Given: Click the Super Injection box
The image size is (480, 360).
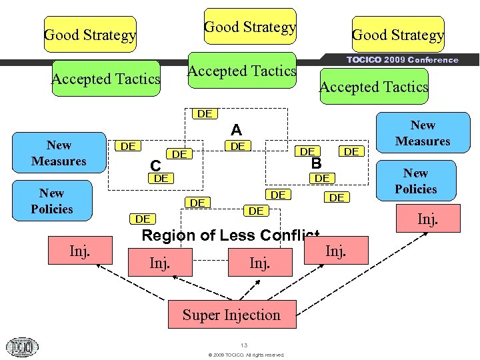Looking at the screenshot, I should pyautogui.click(x=231, y=315).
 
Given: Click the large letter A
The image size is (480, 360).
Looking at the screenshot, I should pyautogui.click(x=236, y=131).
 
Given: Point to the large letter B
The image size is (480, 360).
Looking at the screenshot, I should pyautogui.click(x=317, y=163).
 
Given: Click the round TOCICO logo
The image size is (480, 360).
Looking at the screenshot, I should pyautogui.click(x=22, y=347).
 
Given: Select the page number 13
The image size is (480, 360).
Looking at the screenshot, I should pyautogui.click(x=245, y=345).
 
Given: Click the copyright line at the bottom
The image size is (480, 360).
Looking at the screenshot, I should pyautogui.click(x=246, y=355).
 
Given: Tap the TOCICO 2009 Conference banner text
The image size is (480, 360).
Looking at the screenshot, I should pyautogui.click(x=402, y=59).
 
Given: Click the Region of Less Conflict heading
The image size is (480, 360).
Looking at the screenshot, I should pyautogui.click(x=230, y=235).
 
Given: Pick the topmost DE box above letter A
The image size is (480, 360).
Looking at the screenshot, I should pyautogui.click(x=205, y=113).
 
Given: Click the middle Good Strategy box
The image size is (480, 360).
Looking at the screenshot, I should pyautogui.click(x=250, y=27).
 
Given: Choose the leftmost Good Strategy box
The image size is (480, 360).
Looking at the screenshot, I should pyautogui.click(x=90, y=35).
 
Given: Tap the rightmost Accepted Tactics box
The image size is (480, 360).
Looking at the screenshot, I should pyautogui.click(x=373, y=87).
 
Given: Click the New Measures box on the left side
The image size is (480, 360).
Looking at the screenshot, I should pyautogui.click(x=59, y=153).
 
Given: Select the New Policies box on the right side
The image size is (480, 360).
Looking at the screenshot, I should pyautogui.click(x=415, y=181).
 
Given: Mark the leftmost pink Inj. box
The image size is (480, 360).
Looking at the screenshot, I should pyautogui.click(x=80, y=251).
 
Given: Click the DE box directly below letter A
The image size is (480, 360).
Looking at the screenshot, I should pyautogui.click(x=238, y=146).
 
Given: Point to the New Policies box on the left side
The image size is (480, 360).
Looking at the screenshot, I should pyautogui.click(x=51, y=201).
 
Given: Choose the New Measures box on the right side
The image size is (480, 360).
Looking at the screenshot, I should pyautogui.click(x=422, y=133).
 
